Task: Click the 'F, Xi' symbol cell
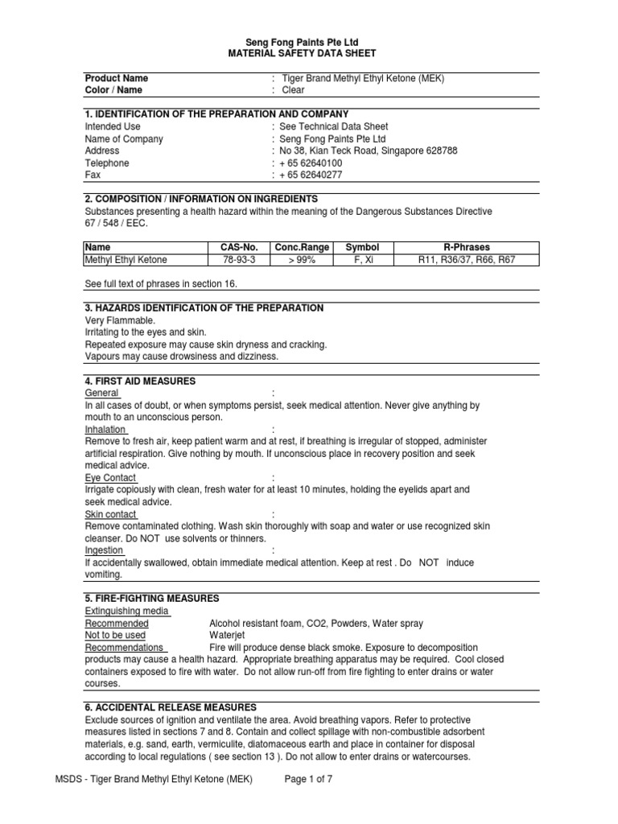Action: point(361,260)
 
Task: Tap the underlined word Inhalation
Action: point(105,430)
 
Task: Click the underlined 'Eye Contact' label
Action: point(110,477)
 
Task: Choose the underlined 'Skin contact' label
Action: point(111,514)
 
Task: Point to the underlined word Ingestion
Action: point(104,550)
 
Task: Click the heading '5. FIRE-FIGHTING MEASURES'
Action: point(152,599)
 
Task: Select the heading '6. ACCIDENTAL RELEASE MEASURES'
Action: point(171,707)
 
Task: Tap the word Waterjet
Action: point(228,636)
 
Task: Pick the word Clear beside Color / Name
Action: point(292,90)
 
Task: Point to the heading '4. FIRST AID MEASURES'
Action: point(140,381)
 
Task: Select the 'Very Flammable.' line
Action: point(120,320)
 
